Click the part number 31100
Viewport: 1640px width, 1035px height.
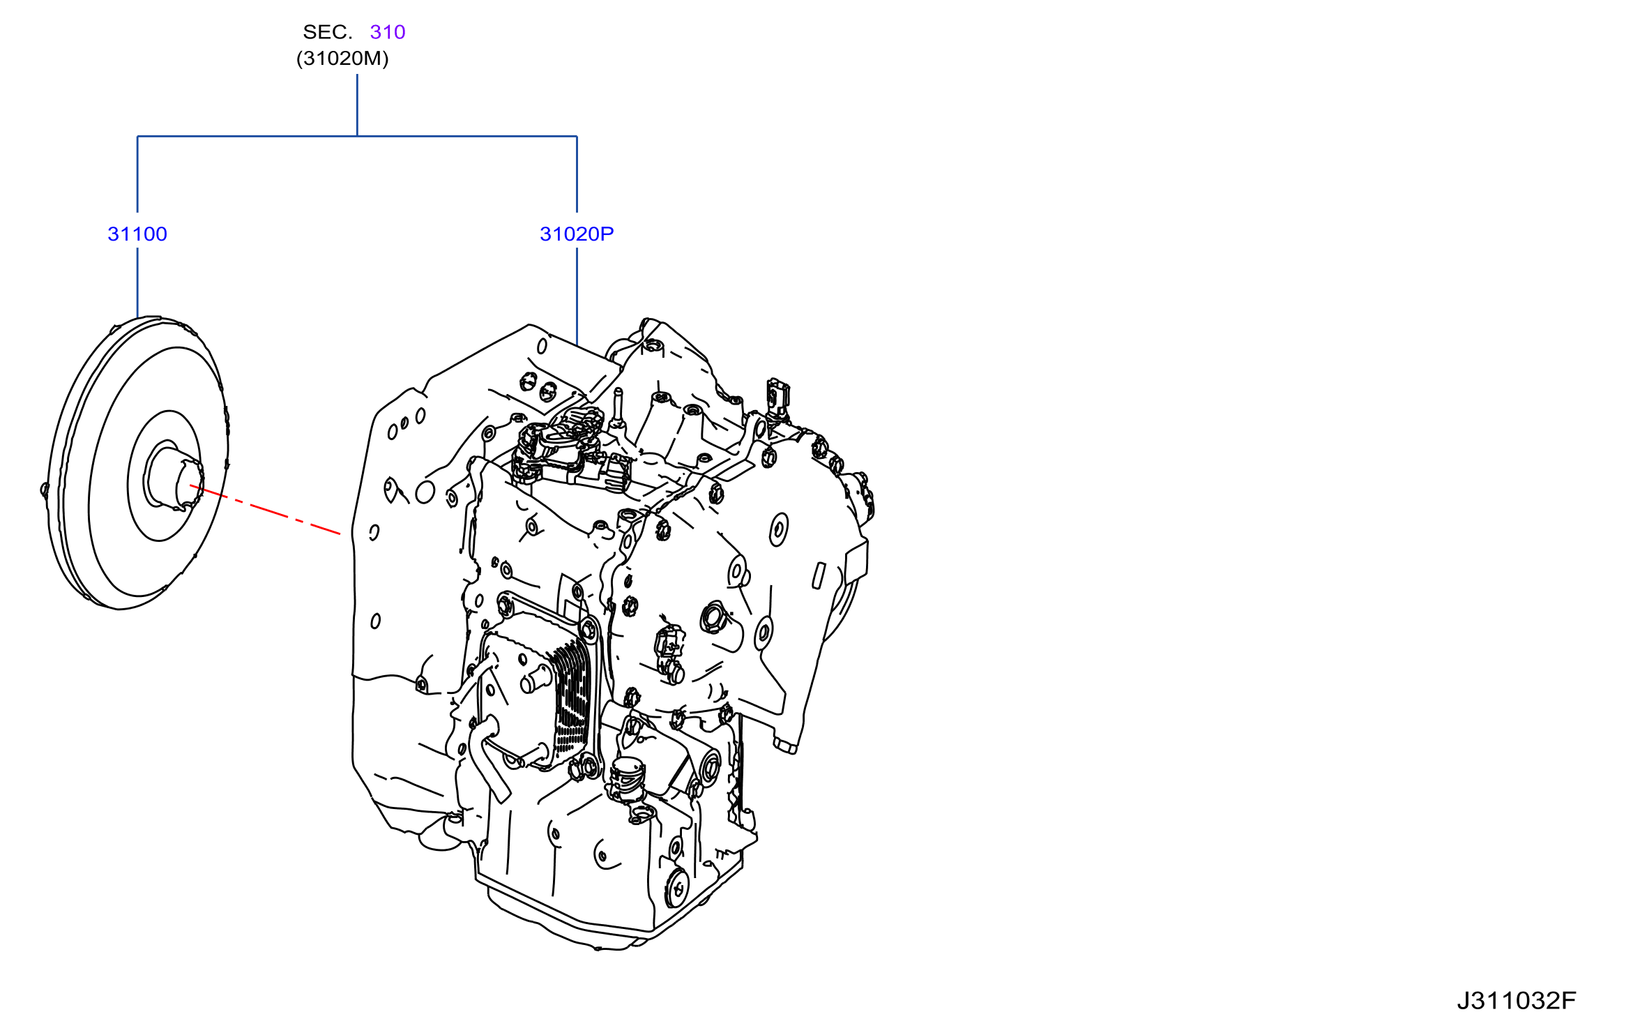click(137, 234)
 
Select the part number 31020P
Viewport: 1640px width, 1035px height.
click(577, 234)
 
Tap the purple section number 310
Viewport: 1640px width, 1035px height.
click(388, 32)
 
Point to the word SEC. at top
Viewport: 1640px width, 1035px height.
click(328, 32)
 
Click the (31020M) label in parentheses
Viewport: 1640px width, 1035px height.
click(342, 59)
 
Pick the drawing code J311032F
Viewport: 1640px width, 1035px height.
click(1517, 1001)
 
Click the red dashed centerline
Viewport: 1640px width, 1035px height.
click(265, 510)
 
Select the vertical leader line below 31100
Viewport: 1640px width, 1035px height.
click(137, 283)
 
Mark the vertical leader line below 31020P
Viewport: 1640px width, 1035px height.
click(577, 297)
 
